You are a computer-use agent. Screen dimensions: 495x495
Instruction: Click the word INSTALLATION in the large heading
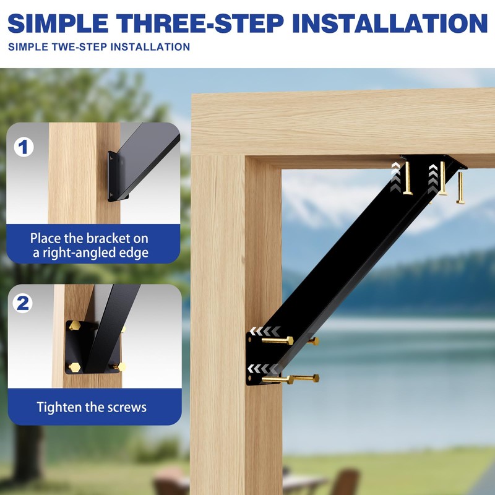tap(390, 23)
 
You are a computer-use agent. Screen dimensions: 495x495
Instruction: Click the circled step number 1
tap(24, 147)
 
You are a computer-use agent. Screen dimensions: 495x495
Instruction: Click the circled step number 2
tap(24, 303)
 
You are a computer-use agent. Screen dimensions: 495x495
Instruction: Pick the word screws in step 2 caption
tap(126, 407)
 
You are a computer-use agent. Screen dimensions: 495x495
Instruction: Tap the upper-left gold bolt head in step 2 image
tap(74, 325)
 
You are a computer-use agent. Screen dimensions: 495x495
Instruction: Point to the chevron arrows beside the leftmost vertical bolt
tap(395, 176)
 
